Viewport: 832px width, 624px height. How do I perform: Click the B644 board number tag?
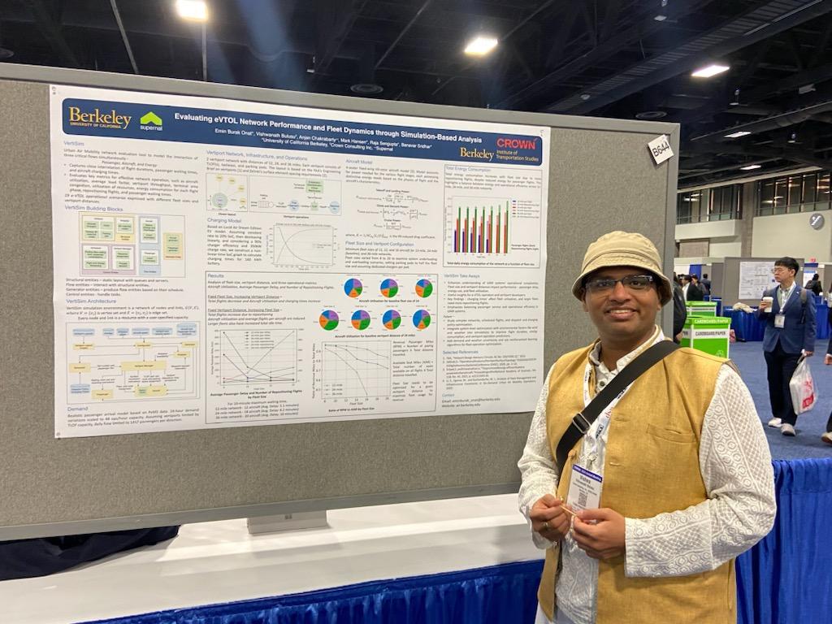click(x=660, y=149)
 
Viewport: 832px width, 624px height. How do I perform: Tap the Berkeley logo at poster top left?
click(x=99, y=119)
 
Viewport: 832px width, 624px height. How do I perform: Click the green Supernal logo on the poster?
click(x=151, y=121)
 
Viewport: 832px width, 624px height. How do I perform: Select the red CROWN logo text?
click(x=516, y=144)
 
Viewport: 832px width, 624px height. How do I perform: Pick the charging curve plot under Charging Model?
click(x=302, y=245)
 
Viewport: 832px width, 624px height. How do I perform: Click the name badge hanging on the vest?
click(x=584, y=487)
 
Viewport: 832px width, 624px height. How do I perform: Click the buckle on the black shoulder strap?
click(x=581, y=422)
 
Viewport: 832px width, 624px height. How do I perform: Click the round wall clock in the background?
click(x=816, y=221)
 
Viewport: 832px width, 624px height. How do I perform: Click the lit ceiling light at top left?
click(x=192, y=10)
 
